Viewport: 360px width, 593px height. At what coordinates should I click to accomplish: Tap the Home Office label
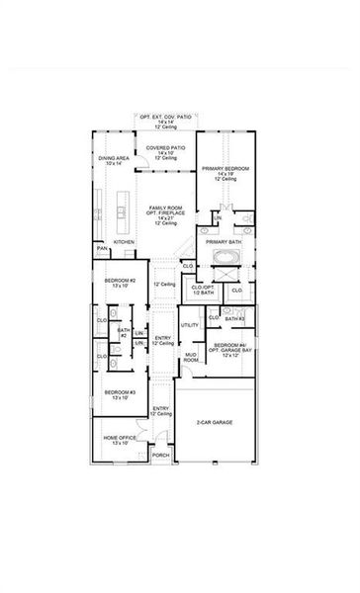coord(120,441)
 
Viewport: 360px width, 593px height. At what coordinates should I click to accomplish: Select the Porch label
coord(159,456)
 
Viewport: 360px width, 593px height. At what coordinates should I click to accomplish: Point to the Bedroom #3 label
coord(121,394)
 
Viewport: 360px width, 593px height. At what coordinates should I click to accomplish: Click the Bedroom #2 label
coord(120,285)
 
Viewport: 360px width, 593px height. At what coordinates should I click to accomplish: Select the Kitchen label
coord(124,241)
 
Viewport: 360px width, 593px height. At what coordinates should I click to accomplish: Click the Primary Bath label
coord(224,241)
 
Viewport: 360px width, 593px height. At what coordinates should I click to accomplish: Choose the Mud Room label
coord(189,357)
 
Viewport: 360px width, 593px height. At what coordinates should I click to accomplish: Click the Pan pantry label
coord(102,249)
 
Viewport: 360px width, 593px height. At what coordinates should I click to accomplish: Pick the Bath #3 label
coord(234,318)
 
